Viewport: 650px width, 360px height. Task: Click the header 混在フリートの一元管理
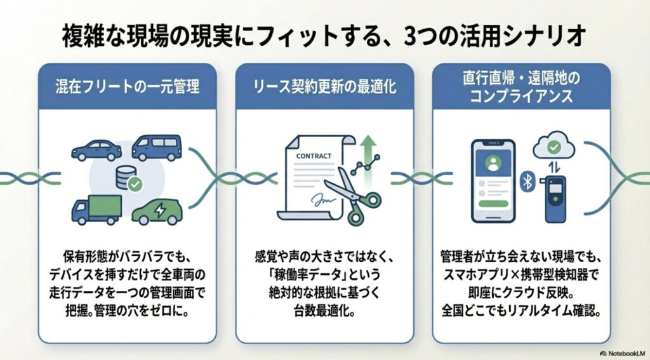[x=127, y=86]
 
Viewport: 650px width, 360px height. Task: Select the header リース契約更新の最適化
[x=324, y=86]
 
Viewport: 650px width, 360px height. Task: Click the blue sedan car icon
[x=96, y=150]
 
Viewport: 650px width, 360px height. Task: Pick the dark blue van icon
[x=156, y=147]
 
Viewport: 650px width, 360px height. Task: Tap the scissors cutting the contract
[x=356, y=194]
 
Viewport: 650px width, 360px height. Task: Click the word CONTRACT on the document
[x=313, y=155]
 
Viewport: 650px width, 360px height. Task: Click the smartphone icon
[x=493, y=181]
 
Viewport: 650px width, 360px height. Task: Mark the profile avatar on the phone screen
[x=493, y=164]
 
